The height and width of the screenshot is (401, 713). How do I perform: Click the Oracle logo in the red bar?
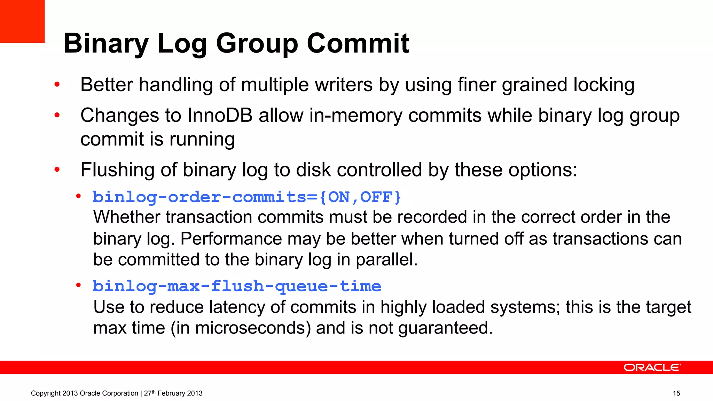[x=652, y=368]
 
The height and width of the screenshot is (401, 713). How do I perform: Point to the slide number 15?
[x=676, y=393]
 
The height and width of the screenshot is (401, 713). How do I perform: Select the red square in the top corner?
[x=22, y=21]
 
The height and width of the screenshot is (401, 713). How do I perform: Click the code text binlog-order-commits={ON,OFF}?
[x=246, y=197]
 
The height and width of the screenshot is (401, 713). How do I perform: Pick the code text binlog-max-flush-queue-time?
[x=237, y=286]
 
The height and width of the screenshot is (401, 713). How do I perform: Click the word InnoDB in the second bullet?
[x=220, y=116]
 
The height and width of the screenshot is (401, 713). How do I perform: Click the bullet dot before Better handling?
[x=57, y=85]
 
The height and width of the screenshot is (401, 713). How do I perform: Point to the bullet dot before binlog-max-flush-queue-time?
[x=79, y=285]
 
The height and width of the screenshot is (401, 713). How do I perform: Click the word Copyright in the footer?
[x=45, y=393]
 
